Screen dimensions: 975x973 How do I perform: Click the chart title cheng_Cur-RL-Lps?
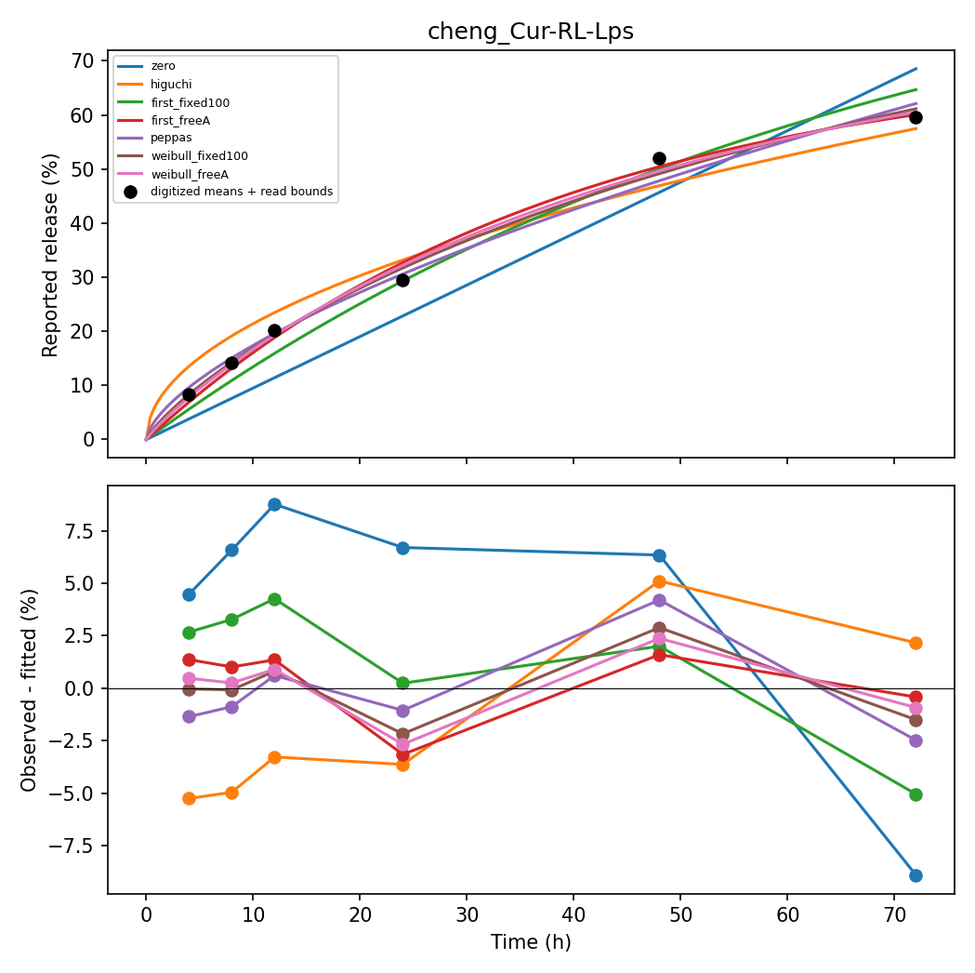[531, 31]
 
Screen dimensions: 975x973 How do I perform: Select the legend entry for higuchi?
[171, 84]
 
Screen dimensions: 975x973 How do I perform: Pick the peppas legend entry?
[171, 138]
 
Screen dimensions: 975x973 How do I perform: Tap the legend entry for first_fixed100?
[191, 102]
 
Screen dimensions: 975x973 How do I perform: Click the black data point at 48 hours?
[659, 159]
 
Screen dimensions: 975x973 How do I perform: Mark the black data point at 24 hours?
[403, 281]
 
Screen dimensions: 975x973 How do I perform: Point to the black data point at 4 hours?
[189, 394]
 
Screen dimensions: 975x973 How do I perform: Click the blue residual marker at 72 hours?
[916, 876]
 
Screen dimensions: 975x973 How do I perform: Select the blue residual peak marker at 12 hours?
[274, 504]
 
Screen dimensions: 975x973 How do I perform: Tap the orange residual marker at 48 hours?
[659, 581]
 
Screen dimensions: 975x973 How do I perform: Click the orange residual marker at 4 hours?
[189, 799]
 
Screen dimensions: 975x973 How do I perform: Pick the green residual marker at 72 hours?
[916, 795]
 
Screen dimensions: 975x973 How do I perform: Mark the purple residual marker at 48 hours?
[659, 600]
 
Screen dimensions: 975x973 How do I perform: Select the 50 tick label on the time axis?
[680, 914]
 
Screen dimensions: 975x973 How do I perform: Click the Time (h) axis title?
[531, 942]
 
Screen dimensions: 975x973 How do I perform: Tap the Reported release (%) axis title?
[50, 256]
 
